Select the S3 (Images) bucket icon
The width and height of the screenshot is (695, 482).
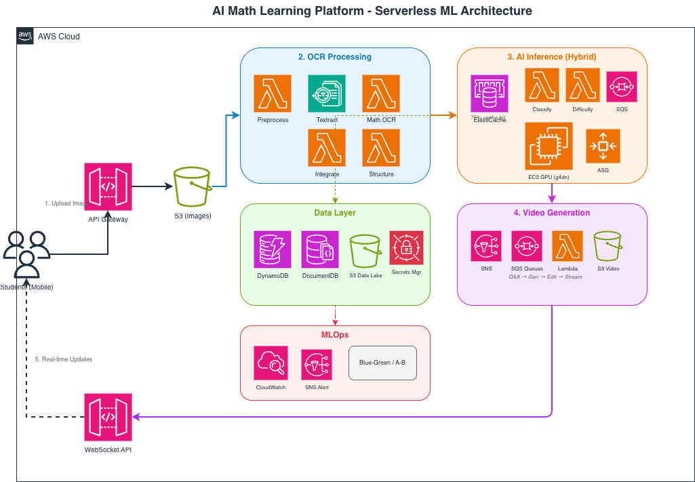[x=193, y=186]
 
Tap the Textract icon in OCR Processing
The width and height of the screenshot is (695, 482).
[x=327, y=94]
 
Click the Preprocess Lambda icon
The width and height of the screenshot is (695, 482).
[x=273, y=94]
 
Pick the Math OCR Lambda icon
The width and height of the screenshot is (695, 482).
[x=381, y=94]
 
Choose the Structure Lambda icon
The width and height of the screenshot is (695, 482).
[x=381, y=148]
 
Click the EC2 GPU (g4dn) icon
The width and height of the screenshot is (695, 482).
[x=549, y=146]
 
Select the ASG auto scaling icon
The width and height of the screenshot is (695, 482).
[x=603, y=146]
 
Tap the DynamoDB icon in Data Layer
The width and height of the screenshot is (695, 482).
[x=273, y=249]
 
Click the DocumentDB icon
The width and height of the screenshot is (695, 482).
[x=320, y=249]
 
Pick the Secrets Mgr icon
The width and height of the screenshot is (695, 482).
[x=406, y=248]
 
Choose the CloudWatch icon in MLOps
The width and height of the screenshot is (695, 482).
[x=271, y=364]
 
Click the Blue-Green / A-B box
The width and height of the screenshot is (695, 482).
[x=382, y=363]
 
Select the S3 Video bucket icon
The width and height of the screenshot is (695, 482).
[x=607, y=246]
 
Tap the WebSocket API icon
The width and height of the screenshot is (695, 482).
[x=108, y=417]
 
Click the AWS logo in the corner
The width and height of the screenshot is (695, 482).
[x=25, y=36]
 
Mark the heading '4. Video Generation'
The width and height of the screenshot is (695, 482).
[x=551, y=213]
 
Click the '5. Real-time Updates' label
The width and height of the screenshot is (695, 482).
[x=63, y=359]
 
